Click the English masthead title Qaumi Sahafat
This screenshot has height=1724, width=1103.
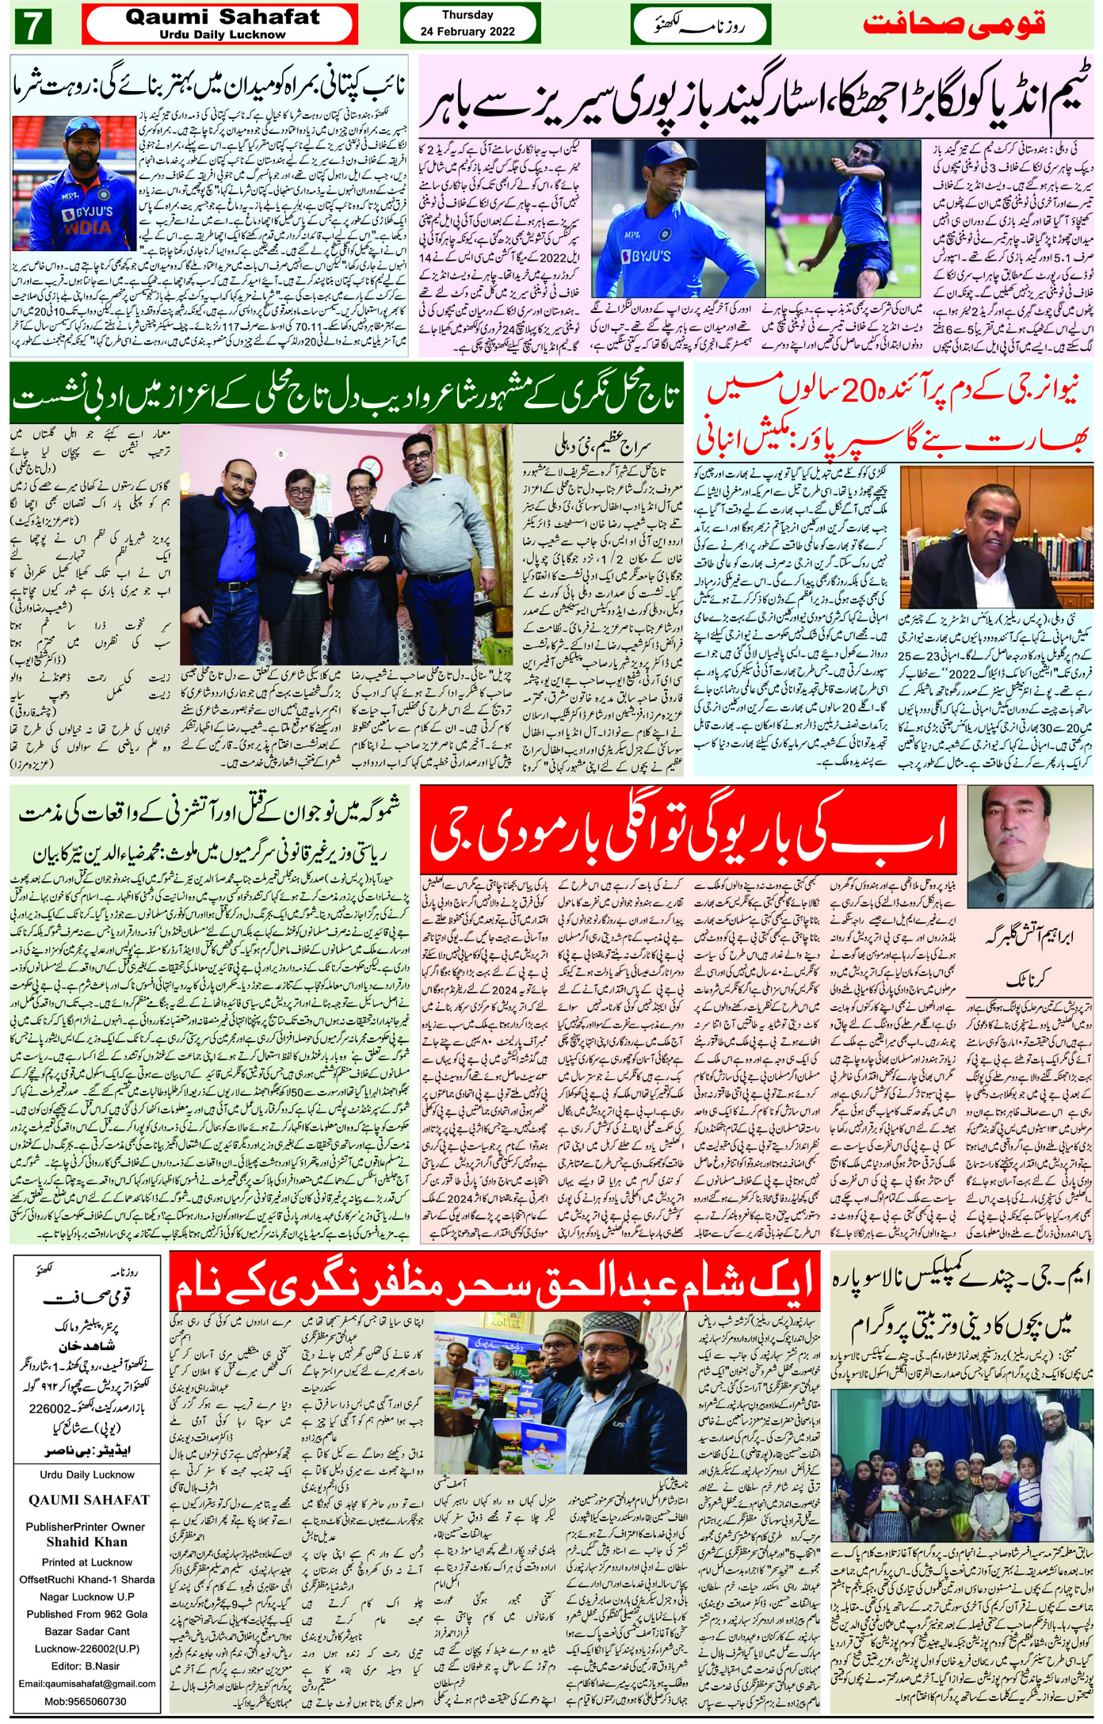pos(222,17)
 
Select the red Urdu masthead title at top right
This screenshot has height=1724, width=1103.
pos(954,25)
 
